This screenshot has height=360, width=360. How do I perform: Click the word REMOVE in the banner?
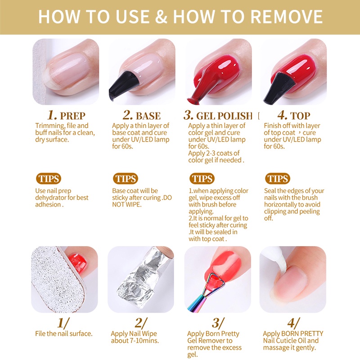coord(286,17)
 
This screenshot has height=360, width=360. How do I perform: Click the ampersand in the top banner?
coord(161,17)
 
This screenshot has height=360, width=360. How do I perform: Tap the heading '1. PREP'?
coord(66,115)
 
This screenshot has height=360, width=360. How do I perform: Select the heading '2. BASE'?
coord(142,115)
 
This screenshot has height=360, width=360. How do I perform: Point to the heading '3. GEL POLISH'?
coord(218,115)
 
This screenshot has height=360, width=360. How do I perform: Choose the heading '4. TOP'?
coord(294,115)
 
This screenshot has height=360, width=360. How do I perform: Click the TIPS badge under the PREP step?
coord(49,179)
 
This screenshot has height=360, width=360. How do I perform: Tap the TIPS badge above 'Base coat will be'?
coord(126,179)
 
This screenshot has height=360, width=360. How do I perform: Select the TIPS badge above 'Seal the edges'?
coord(278,179)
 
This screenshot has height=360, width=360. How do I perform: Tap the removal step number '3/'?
coord(218,323)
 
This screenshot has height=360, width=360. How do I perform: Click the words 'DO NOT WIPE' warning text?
coord(142,201)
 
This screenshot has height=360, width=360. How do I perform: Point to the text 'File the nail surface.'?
coord(64,333)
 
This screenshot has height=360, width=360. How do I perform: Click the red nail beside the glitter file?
coord(77,262)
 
